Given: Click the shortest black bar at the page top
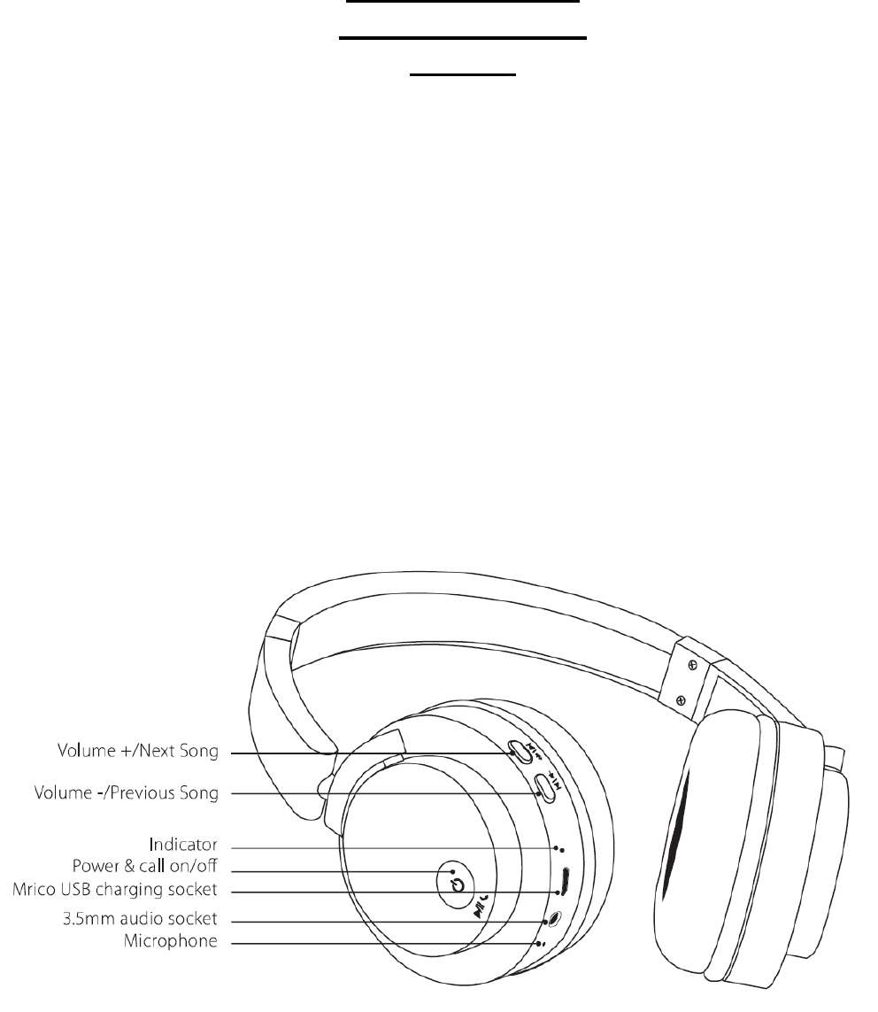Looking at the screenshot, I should pos(462,75).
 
